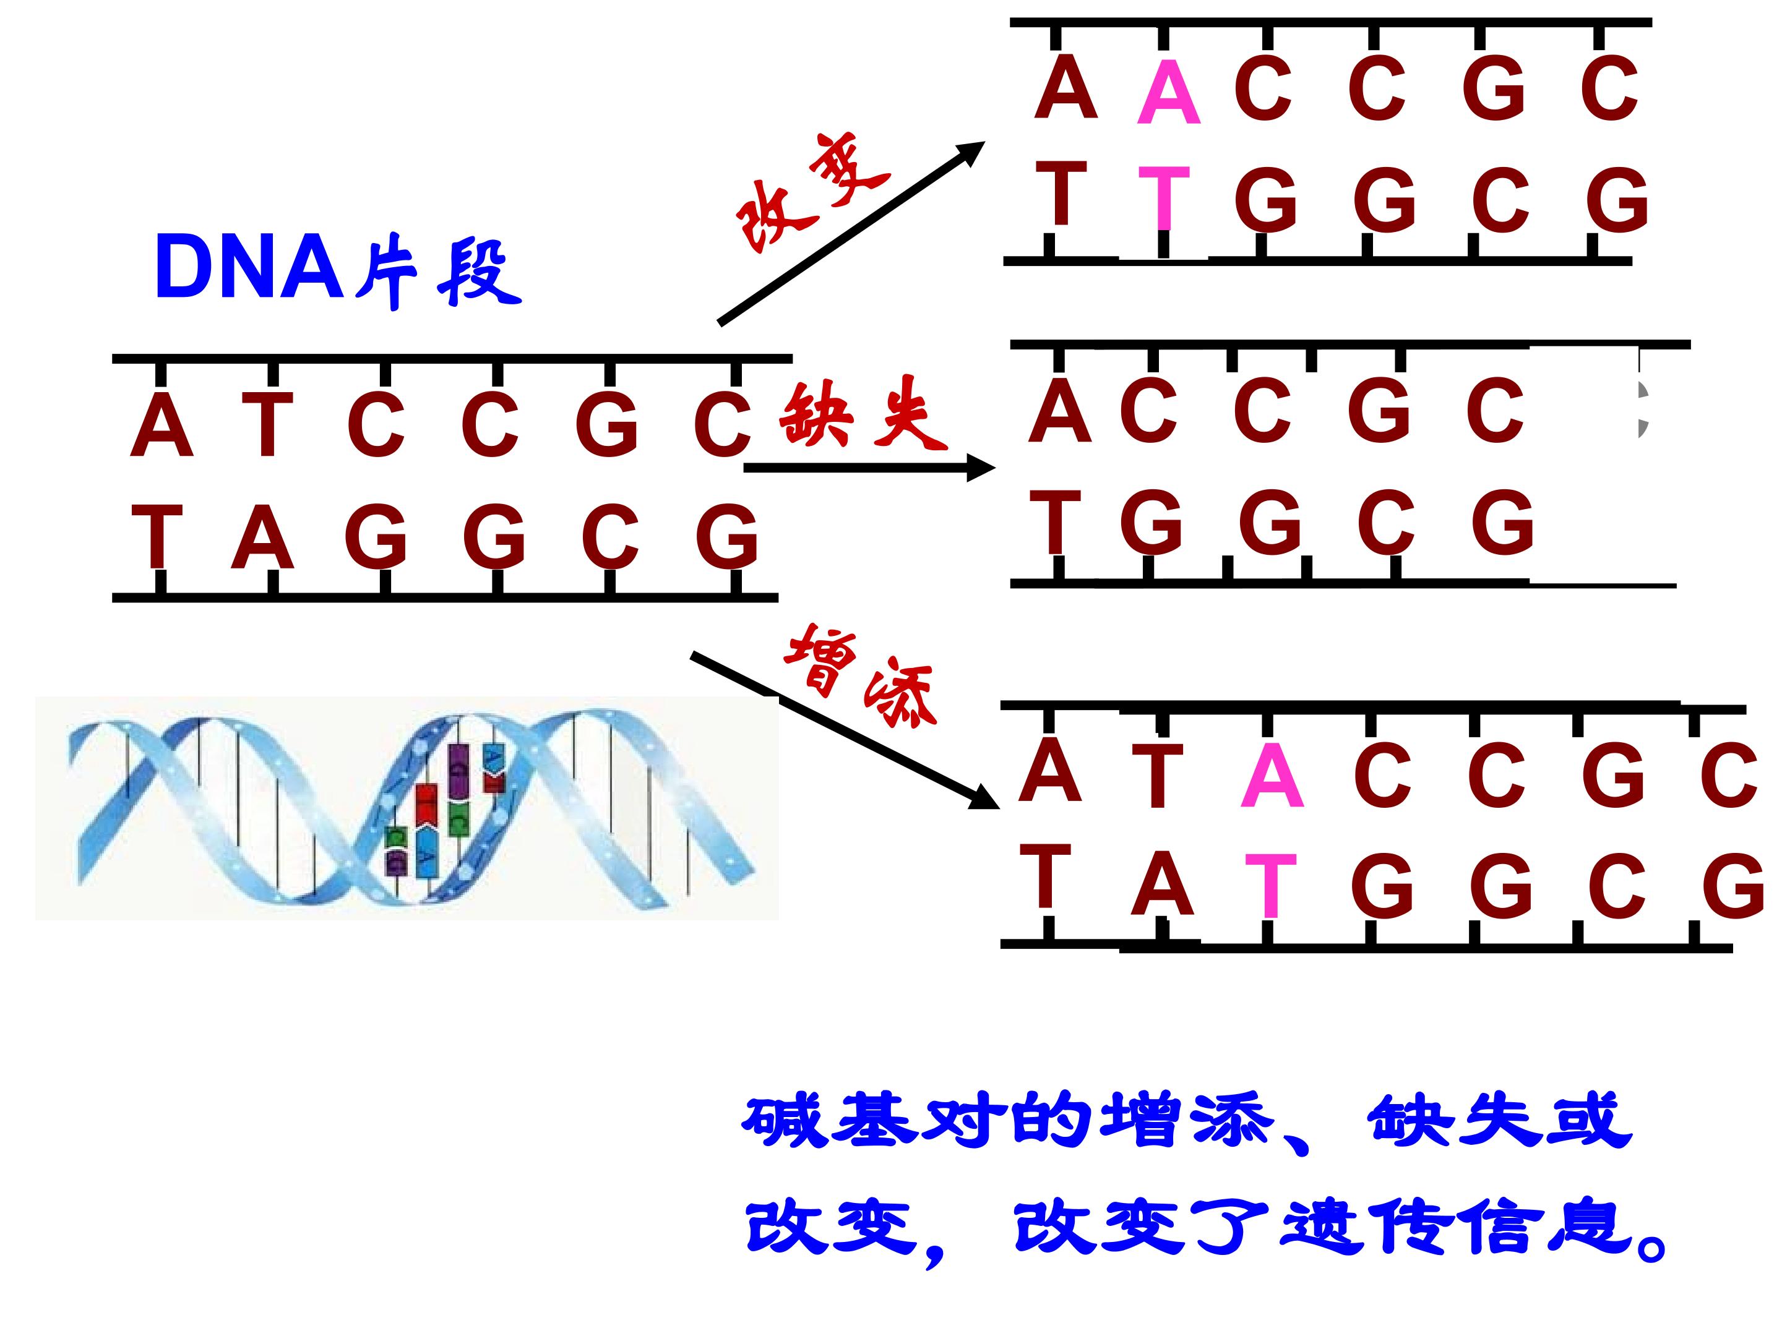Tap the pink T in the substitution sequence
tap(1164, 197)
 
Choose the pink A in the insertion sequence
tap(1272, 776)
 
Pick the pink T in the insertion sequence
tap(1270, 886)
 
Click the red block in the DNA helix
tap(425, 805)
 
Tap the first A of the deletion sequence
tap(1060, 410)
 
